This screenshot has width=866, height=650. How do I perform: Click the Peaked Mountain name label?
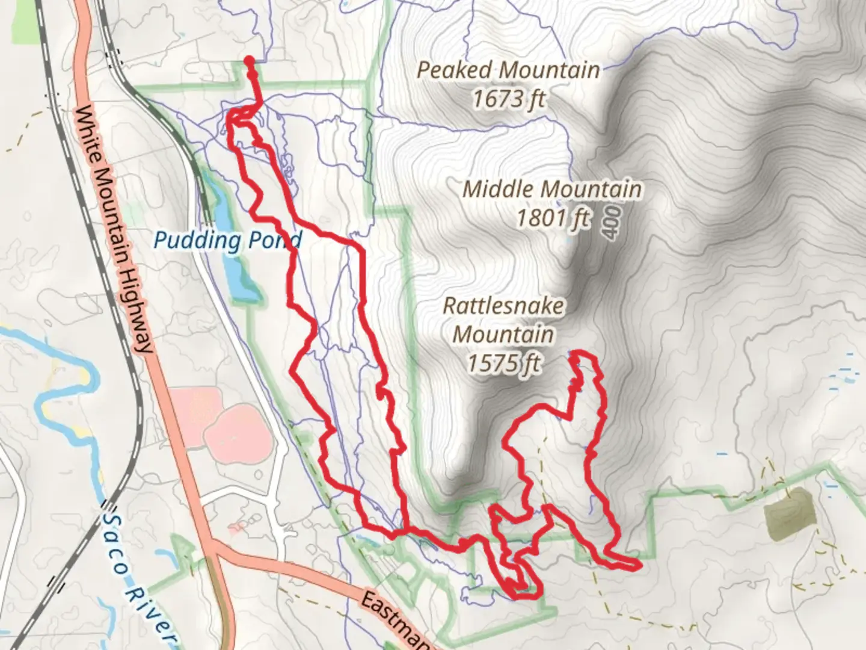pos(508,70)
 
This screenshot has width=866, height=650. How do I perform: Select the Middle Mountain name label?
pos(551,189)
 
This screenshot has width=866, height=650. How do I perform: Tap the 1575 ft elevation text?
pos(504,363)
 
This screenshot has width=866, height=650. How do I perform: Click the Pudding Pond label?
pos(227,241)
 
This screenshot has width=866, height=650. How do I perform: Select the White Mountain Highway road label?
pos(114,229)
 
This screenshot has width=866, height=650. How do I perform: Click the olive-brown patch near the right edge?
pos(790,513)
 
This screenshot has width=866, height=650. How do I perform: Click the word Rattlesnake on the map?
pos(504,305)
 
